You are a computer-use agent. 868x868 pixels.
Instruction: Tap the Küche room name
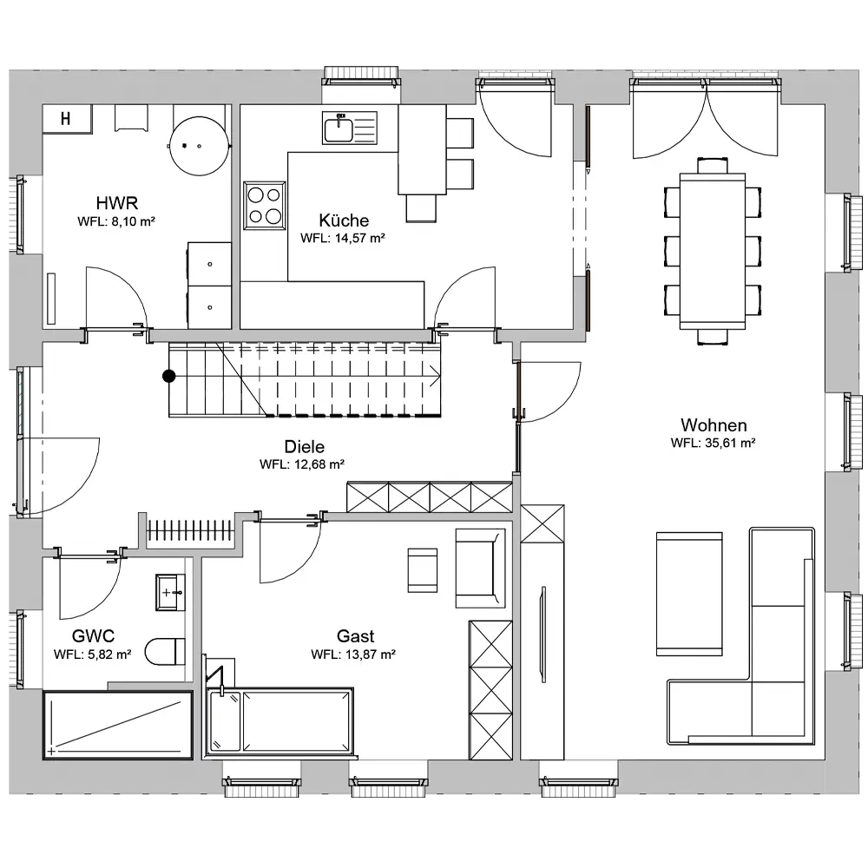[344, 220]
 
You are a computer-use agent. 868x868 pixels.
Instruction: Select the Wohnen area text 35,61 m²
[730, 443]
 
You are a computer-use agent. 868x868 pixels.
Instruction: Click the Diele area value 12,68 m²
[319, 464]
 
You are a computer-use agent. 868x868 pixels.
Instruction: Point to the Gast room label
[355, 636]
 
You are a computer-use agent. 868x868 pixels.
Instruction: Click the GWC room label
[93, 636]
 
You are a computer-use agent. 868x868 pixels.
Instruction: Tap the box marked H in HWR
[67, 118]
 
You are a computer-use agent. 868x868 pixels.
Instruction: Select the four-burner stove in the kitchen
[265, 206]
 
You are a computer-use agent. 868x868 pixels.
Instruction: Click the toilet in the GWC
[165, 652]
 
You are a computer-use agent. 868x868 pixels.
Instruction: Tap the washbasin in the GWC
[170, 592]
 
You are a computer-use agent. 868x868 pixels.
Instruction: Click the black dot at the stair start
[169, 377]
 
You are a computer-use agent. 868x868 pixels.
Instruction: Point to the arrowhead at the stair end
[435, 378]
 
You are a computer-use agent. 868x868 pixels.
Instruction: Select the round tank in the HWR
[200, 146]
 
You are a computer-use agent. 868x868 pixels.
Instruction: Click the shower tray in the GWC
[118, 725]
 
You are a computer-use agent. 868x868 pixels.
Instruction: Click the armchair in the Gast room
[480, 568]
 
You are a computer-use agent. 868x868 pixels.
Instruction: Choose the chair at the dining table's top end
[713, 166]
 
